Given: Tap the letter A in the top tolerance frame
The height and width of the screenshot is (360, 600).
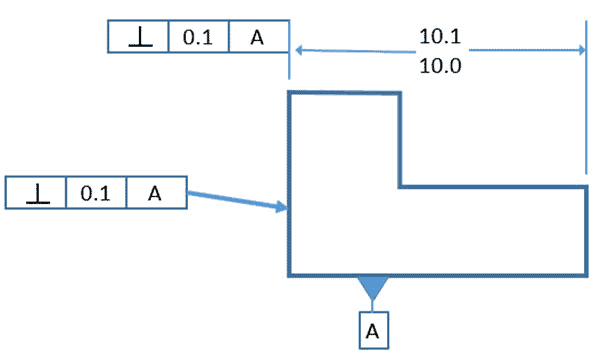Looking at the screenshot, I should click(258, 38).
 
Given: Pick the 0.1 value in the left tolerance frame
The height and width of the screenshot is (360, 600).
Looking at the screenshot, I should click(96, 193).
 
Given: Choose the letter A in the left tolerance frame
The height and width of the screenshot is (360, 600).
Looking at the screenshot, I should click(155, 193).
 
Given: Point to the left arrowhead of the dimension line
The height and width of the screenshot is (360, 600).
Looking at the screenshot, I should click(296, 48).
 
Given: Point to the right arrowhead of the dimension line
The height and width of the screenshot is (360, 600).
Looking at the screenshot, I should click(578, 48).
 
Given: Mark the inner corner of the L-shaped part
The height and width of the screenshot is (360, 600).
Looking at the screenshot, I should click(401, 186).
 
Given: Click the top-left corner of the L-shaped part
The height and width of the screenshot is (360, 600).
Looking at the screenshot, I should click(289, 93).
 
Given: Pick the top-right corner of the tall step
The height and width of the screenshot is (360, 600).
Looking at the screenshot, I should click(401, 93).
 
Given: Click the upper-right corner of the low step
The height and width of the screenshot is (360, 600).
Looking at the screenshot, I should click(586, 186).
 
